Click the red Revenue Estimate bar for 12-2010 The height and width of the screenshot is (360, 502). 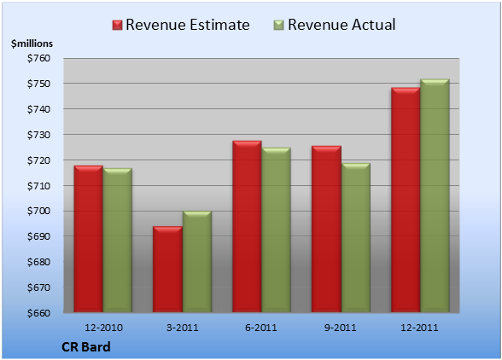[89, 239]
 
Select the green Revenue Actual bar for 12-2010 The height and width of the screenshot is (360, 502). [118, 240]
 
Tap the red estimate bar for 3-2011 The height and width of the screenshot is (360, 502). [167, 269]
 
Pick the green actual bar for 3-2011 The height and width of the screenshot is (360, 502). [197, 261]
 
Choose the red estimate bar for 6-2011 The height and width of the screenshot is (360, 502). [247, 226]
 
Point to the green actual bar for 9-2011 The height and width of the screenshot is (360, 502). [356, 237]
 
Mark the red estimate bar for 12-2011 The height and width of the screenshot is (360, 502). [406, 200]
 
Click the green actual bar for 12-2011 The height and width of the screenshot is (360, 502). [435, 195]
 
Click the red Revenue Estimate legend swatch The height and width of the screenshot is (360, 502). [117, 26]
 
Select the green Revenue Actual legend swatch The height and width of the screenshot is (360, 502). [279, 26]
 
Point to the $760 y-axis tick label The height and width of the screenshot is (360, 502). [38, 58]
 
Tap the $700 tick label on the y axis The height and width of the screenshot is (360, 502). [38, 211]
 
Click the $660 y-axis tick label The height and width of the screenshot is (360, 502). [38, 312]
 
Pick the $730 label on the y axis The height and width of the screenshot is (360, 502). [38, 135]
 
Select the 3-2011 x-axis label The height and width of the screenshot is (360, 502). [183, 328]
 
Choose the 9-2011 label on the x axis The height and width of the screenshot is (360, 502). [341, 328]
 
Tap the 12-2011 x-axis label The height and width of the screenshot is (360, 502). [419, 328]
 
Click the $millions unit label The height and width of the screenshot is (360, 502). [32, 44]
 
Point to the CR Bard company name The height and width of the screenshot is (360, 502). [85, 347]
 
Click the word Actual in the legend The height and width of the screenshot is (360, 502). [373, 25]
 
